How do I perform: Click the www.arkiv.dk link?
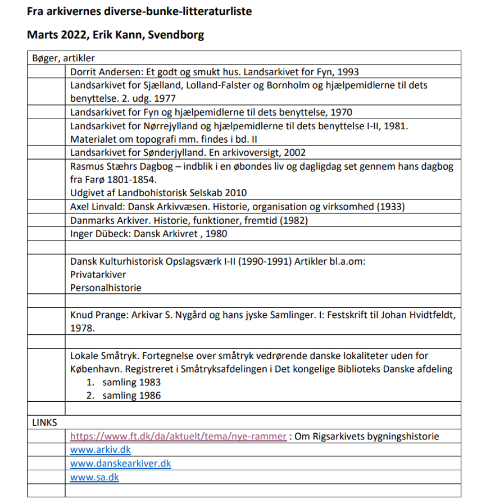pyautogui.click(x=101, y=449)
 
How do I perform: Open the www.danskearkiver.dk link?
pyautogui.click(x=120, y=464)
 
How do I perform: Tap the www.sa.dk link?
pyautogui.click(x=94, y=478)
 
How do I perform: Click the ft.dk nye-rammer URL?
pyautogui.click(x=179, y=437)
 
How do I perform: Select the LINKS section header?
pyautogui.click(x=45, y=423)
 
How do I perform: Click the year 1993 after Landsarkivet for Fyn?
pyautogui.click(x=348, y=71)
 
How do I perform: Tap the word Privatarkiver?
pyautogui.click(x=98, y=275)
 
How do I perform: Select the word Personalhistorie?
pyautogui.click(x=106, y=288)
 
